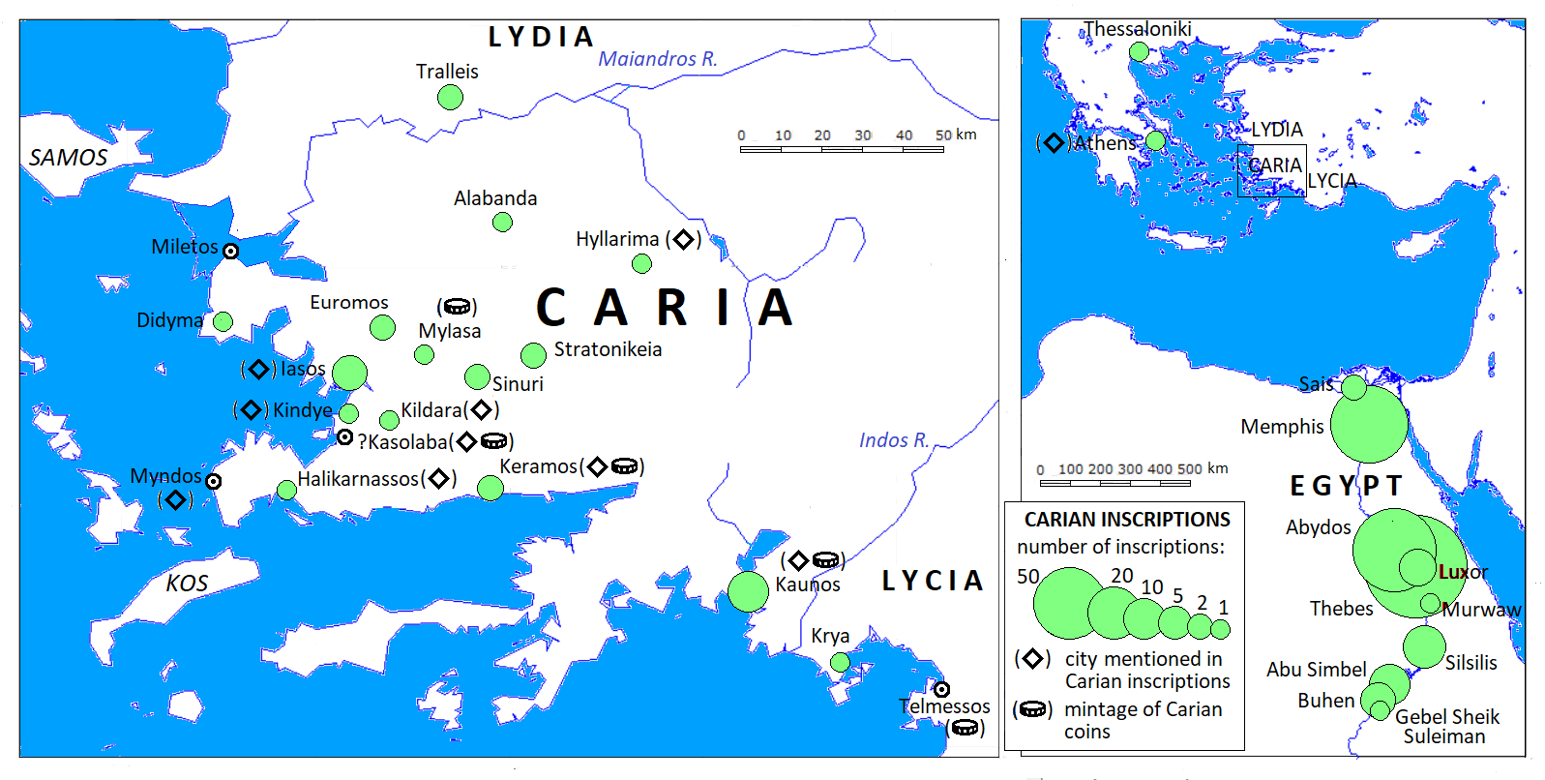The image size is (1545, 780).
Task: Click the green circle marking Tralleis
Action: pos(450,97)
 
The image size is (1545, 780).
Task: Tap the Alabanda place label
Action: pos(495,198)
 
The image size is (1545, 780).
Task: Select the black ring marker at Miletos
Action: pos(230,251)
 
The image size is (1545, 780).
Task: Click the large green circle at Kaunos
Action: pos(748,591)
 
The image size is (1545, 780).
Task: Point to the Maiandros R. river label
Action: pos(658,59)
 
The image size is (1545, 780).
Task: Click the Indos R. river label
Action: pos(894,440)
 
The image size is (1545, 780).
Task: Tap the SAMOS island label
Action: pos(68,158)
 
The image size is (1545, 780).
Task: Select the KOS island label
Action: pos(187,584)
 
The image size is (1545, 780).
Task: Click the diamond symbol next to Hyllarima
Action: pos(683,239)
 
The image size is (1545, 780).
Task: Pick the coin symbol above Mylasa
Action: pos(457,307)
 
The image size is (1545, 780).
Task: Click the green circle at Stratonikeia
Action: pos(533,355)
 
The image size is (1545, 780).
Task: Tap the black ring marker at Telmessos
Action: pos(941,690)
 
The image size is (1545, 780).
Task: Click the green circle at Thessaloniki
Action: pos(1140,51)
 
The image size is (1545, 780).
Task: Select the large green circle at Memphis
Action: pos(1369,423)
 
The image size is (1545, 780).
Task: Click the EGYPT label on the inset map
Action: pos(1346,485)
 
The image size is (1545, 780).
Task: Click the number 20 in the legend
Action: pos(1121,576)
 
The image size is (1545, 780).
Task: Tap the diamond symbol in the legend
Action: pos(1032,659)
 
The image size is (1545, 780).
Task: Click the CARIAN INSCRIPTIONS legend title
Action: pos(1127,520)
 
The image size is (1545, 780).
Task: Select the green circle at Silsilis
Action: pos(1424,646)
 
